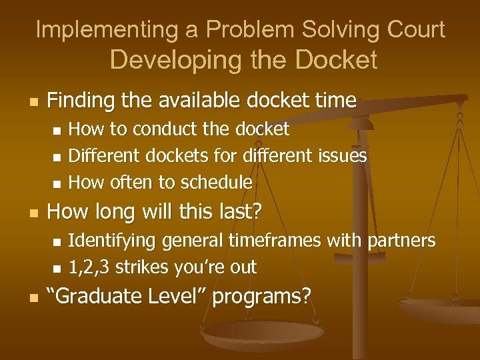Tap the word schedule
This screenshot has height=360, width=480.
[x=217, y=182]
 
